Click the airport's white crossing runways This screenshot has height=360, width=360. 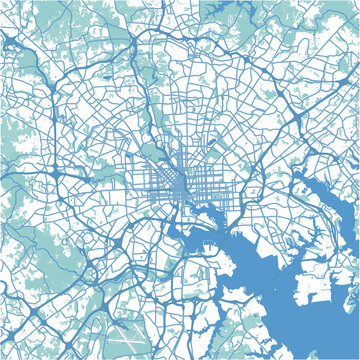127,331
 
